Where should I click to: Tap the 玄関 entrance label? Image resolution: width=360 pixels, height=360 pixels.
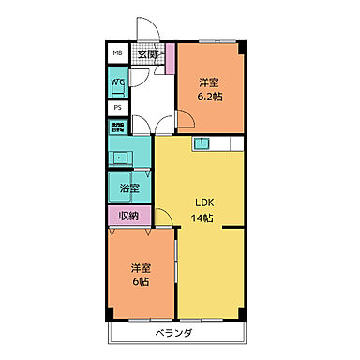tap(148, 54)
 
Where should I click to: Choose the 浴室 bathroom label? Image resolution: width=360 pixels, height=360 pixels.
tap(129, 188)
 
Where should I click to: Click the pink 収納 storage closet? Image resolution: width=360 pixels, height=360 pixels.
tap(128, 217)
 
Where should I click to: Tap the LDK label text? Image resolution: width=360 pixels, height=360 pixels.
tap(203, 204)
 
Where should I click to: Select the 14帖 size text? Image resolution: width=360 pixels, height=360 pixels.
tap(203, 218)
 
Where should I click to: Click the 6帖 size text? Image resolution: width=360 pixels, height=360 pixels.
tap(141, 281)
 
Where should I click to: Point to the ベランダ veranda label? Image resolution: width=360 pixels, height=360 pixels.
tap(175, 333)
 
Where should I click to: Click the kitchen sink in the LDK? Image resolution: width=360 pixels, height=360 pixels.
tap(202, 143)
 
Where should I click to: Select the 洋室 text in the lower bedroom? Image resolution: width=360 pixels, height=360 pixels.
tap(141, 267)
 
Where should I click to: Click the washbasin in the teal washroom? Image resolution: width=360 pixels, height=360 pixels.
tap(121, 156)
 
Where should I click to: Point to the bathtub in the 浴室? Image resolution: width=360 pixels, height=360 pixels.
tap(119, 186)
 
